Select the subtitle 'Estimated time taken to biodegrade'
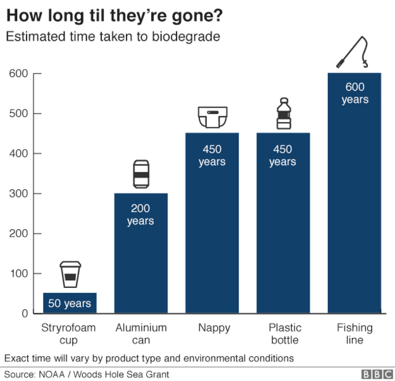(113, 37)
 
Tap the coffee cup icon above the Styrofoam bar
(70, 275)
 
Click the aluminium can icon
(141, 174)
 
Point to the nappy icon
(212, 117)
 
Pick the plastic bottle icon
(283, 114)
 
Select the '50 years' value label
(70, 304)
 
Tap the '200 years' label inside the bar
(141, 215)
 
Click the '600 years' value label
(354, 93)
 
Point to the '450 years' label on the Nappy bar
(212, 156)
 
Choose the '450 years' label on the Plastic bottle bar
(283, 156)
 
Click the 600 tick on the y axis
(18, 74)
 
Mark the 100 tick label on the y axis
(18, 274)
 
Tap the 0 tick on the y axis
(25, 314)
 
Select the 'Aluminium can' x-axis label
(141, 334)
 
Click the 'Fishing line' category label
(354, 334)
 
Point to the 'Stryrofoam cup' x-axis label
(70, 334)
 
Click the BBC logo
(375, 374)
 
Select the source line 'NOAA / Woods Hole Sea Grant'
(87, 374)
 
